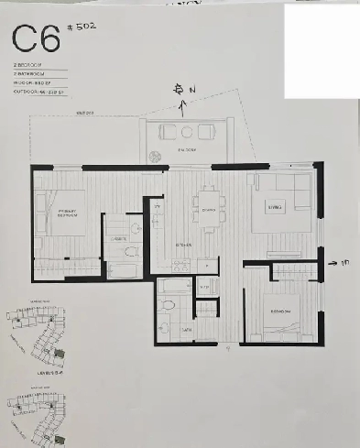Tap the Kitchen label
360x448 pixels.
183,246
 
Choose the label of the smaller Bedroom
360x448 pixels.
279,312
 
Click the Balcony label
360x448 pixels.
189,150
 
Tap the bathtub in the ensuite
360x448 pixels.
121,269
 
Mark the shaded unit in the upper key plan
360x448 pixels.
41,343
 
